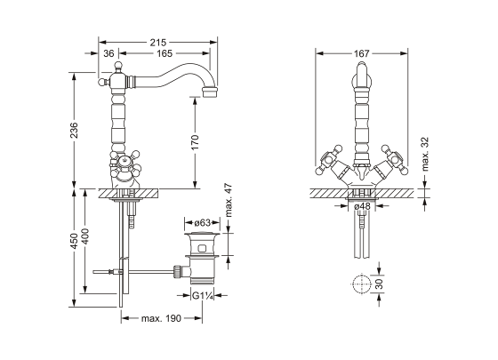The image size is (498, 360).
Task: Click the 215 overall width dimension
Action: click(158, 43)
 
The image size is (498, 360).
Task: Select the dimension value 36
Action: click(108, 53)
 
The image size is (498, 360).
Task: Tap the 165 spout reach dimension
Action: click(165, 53)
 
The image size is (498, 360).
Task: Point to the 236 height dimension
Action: click(74, 130)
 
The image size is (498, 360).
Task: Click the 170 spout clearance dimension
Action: click(195, 142)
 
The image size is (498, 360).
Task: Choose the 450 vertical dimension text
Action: click(74, 241)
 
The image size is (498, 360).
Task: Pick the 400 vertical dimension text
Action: click(85, 236)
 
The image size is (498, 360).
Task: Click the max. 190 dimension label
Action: click(161, 318)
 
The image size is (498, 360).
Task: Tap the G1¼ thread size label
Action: click(203, 296)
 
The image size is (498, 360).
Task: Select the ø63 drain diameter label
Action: click(203, 223)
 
